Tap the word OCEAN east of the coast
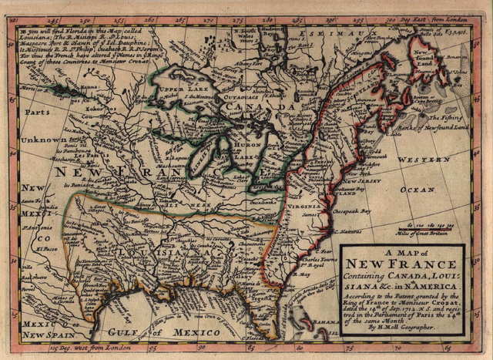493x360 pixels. click(423, 188)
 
